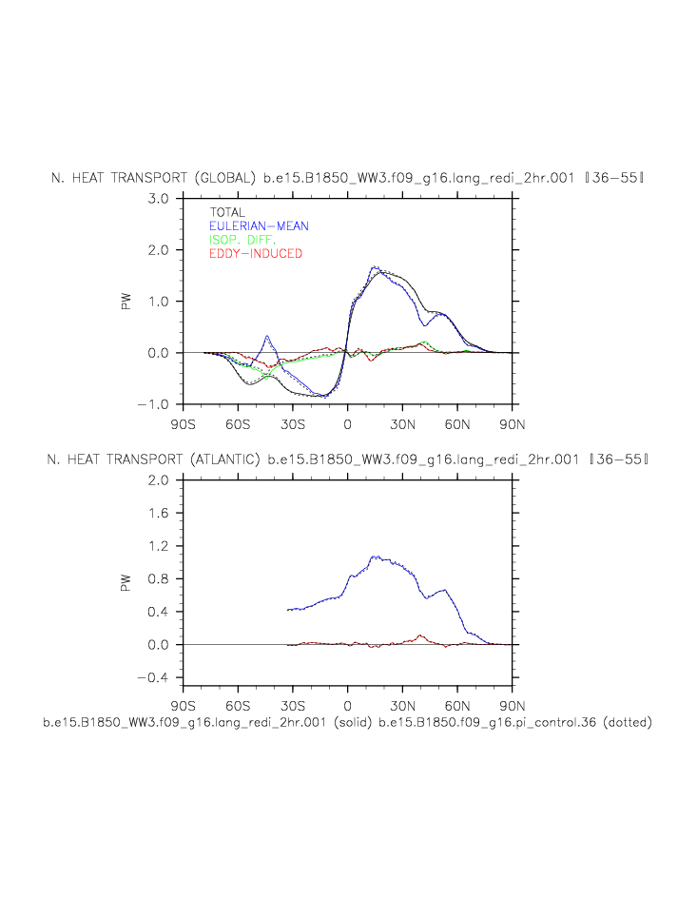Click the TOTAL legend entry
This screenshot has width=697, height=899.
click(227, 213)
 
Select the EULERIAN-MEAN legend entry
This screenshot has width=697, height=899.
click(259, 226)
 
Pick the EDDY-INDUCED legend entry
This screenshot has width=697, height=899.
click(255, 254)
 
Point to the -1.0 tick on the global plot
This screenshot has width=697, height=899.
click(155, 404)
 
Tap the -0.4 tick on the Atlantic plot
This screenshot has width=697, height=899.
click(155, 677)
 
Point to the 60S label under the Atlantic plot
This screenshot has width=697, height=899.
click(238, 706)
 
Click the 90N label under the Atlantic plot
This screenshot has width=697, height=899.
click(513, 706)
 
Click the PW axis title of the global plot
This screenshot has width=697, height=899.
click(126, 301)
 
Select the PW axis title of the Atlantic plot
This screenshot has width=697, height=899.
click(126, 582)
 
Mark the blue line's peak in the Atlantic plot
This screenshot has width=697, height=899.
click(375, 557)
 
